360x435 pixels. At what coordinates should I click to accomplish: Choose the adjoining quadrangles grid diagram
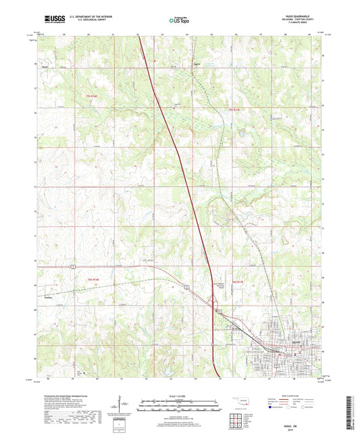pyautogui.click(x=238, y=419)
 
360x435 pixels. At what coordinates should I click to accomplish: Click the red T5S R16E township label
pyautogui.click(x=91, y=97)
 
